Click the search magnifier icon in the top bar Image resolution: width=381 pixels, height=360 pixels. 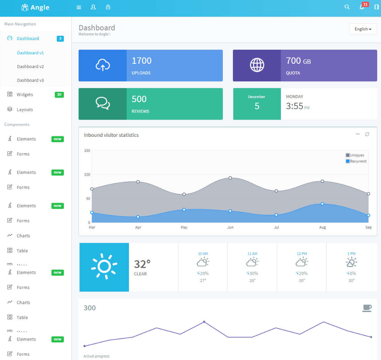click(347, 7)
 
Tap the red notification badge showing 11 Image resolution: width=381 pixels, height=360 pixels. click(365, 4)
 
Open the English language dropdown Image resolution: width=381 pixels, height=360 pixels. click(363, 29)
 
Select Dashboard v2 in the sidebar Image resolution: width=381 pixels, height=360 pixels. click(30, 67)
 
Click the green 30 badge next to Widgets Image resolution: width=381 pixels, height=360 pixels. click(59, 95)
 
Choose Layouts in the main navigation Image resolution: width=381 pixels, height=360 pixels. click(25, 110)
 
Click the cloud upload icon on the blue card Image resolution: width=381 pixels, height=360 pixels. click(103, 65)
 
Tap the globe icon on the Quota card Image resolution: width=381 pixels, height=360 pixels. click(257, 65)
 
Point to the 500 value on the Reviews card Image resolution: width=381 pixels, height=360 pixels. click(139, 99)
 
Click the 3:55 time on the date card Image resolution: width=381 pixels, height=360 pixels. click(295, 106)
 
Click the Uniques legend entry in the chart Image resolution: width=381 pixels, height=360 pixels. click(357, 155)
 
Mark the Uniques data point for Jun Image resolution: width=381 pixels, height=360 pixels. click(230, 178)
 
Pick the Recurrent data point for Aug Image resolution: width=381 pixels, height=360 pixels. click(323, 204)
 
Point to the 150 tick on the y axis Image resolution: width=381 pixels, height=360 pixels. click(87, 151)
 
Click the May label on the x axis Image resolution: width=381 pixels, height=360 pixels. click(184, 227)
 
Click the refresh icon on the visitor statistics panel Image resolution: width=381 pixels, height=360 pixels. click(367, 134)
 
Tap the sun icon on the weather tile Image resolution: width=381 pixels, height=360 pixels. click(104, 267)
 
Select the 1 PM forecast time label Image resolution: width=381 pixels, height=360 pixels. click(351, 254)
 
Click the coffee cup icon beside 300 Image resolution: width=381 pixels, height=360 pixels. click(367, 308)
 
